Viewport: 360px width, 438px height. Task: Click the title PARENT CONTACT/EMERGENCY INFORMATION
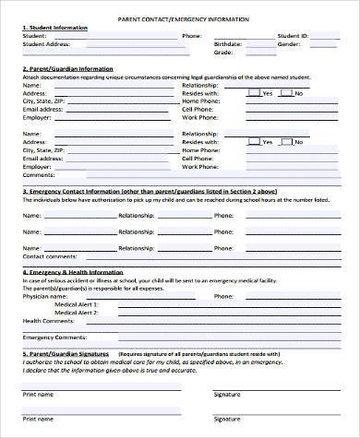point(179,18)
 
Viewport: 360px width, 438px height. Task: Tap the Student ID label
point(294,35)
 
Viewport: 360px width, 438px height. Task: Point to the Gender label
point(290,43)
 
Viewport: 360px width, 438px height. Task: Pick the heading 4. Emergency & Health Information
point(74,273)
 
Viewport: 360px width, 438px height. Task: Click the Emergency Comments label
point(50,337)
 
